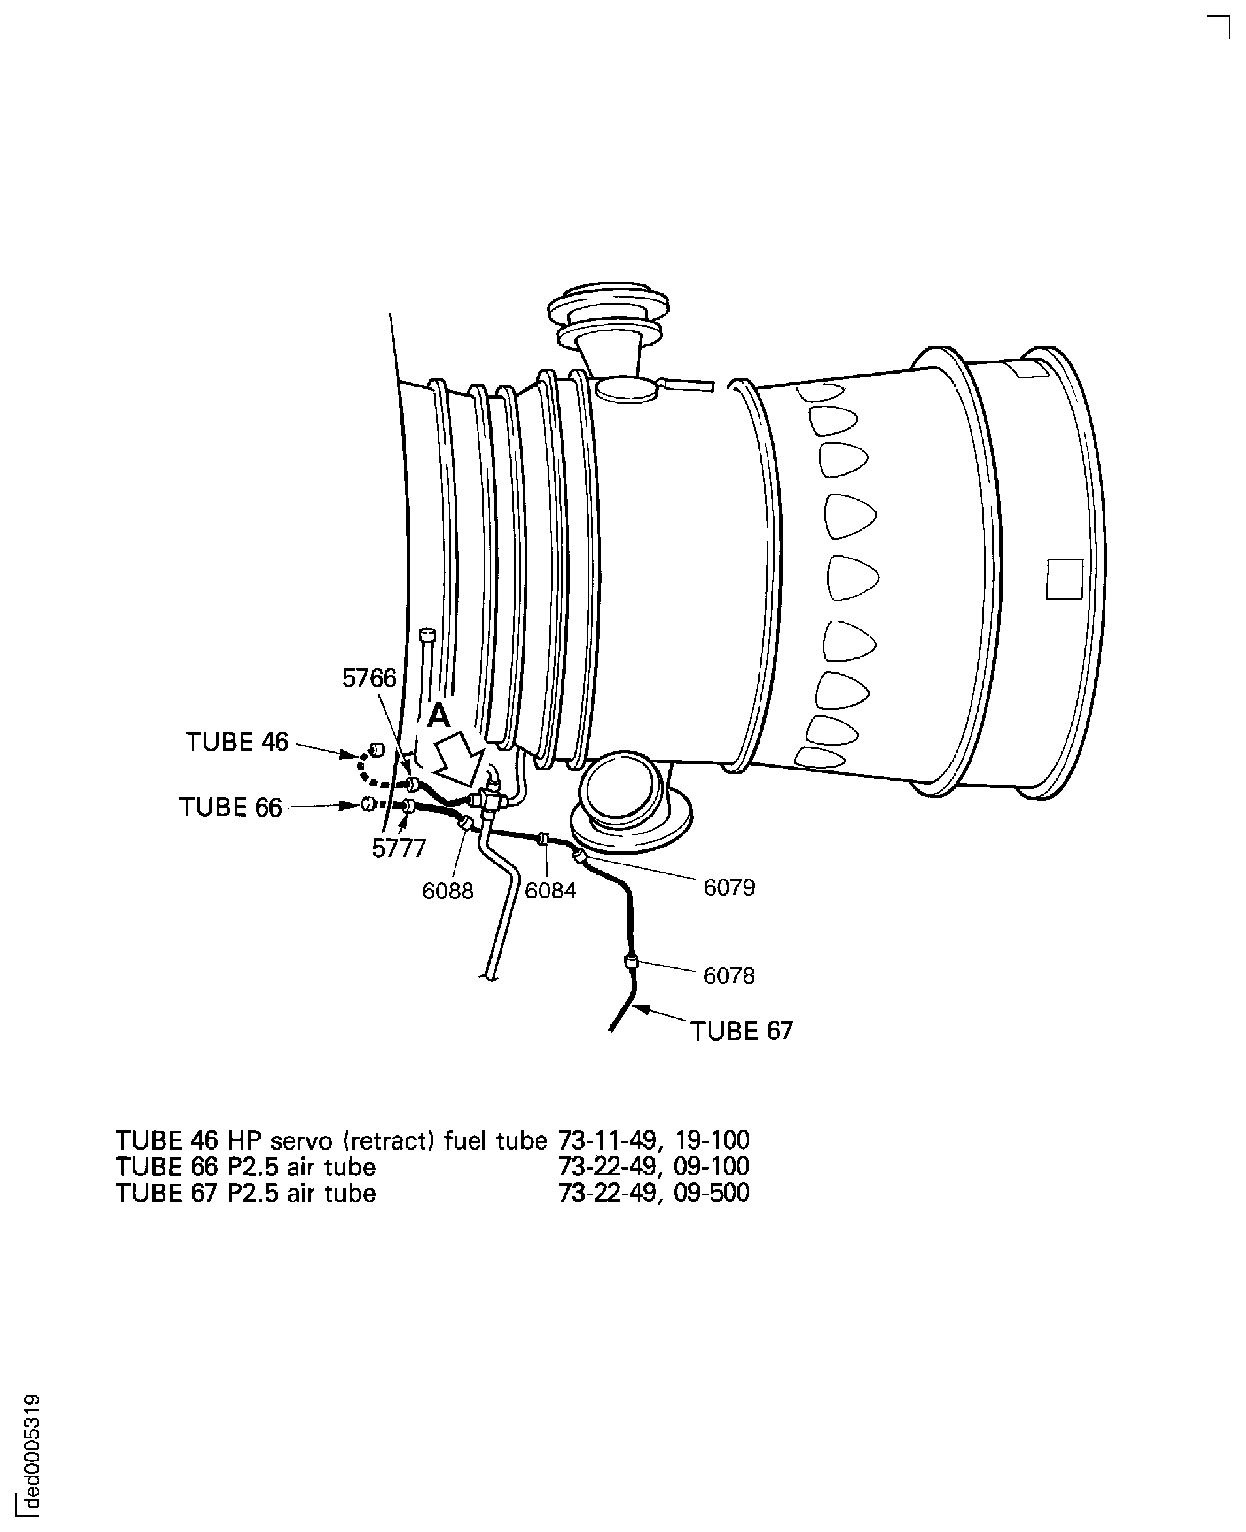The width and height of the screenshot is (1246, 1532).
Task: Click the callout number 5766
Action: pyautogui.click(x=369, y=678)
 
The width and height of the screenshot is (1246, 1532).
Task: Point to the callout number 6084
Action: pyautogui.click(x=550, y=891)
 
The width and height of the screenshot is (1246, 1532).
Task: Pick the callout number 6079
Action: pyautogui.click(x=729, y=888)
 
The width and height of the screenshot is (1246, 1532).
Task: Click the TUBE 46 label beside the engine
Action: pyautogui.click(x=237, y=742)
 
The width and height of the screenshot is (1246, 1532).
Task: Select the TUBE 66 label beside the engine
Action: pyautogui.click(x=230, y=808)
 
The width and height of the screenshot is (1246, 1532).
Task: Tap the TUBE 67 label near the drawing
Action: pyautogui.click(x=741, y=1032)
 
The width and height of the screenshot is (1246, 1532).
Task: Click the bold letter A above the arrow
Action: pyautogui.click(x=438, y=716)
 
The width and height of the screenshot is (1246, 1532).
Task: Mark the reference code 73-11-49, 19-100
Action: pyautogui.click(x=654, y=1140)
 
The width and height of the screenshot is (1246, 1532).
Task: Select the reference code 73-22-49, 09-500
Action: pyautogui.click(x=654, y=1193)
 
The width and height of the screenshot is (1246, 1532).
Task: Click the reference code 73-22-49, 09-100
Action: pyautogui.click(x=654, y=1167)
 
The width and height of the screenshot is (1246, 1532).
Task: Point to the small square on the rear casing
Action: pyautogui.click(x=1065, y=579)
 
